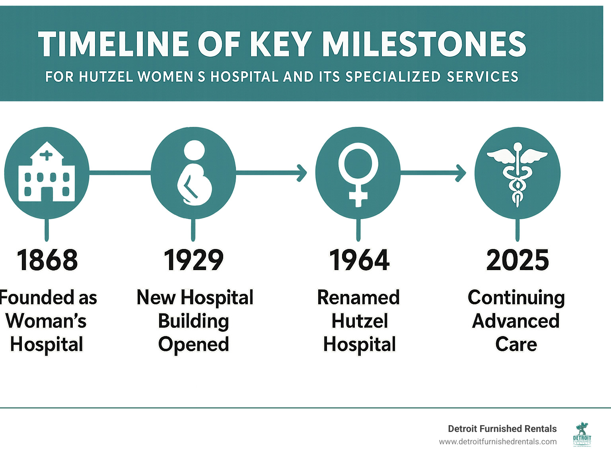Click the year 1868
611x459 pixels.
(47, 260)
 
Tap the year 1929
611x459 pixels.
(193, 260)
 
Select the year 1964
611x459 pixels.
(359, 260)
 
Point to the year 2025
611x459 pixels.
(518, 260)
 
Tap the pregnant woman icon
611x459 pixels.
(195, 173)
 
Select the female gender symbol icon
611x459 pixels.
(358, 175)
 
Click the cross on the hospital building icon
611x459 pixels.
(46, 155)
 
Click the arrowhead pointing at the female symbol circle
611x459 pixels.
(302, 173)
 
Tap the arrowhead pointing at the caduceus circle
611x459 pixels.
(461, 173)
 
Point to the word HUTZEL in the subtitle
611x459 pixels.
(106, 76)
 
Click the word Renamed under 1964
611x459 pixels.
(358, 297)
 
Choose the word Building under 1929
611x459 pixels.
(193, 321)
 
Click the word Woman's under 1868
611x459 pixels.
(46, 321)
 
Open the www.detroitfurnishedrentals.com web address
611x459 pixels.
(498, 442)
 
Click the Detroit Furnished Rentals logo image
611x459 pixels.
(582, 434)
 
